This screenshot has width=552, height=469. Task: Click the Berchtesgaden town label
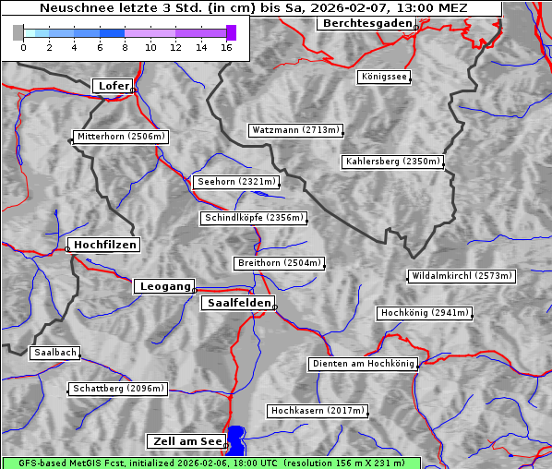366,23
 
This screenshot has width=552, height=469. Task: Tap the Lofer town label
114,86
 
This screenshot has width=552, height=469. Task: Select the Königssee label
385,77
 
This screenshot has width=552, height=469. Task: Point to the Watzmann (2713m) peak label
295,130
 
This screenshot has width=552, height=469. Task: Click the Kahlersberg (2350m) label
393,162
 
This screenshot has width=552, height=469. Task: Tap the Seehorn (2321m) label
236,182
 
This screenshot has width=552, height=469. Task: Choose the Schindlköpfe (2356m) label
253,218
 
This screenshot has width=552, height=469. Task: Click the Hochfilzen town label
105,245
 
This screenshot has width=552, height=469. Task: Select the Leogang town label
165,286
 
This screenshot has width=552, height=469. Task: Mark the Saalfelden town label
238,303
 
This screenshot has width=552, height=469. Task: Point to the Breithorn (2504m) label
279,263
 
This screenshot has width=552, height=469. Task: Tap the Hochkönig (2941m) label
425,313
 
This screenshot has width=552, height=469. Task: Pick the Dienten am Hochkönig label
363,364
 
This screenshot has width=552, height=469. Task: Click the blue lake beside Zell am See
237,439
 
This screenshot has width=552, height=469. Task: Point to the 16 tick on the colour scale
226,47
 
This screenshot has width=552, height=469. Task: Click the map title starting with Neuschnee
253,8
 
